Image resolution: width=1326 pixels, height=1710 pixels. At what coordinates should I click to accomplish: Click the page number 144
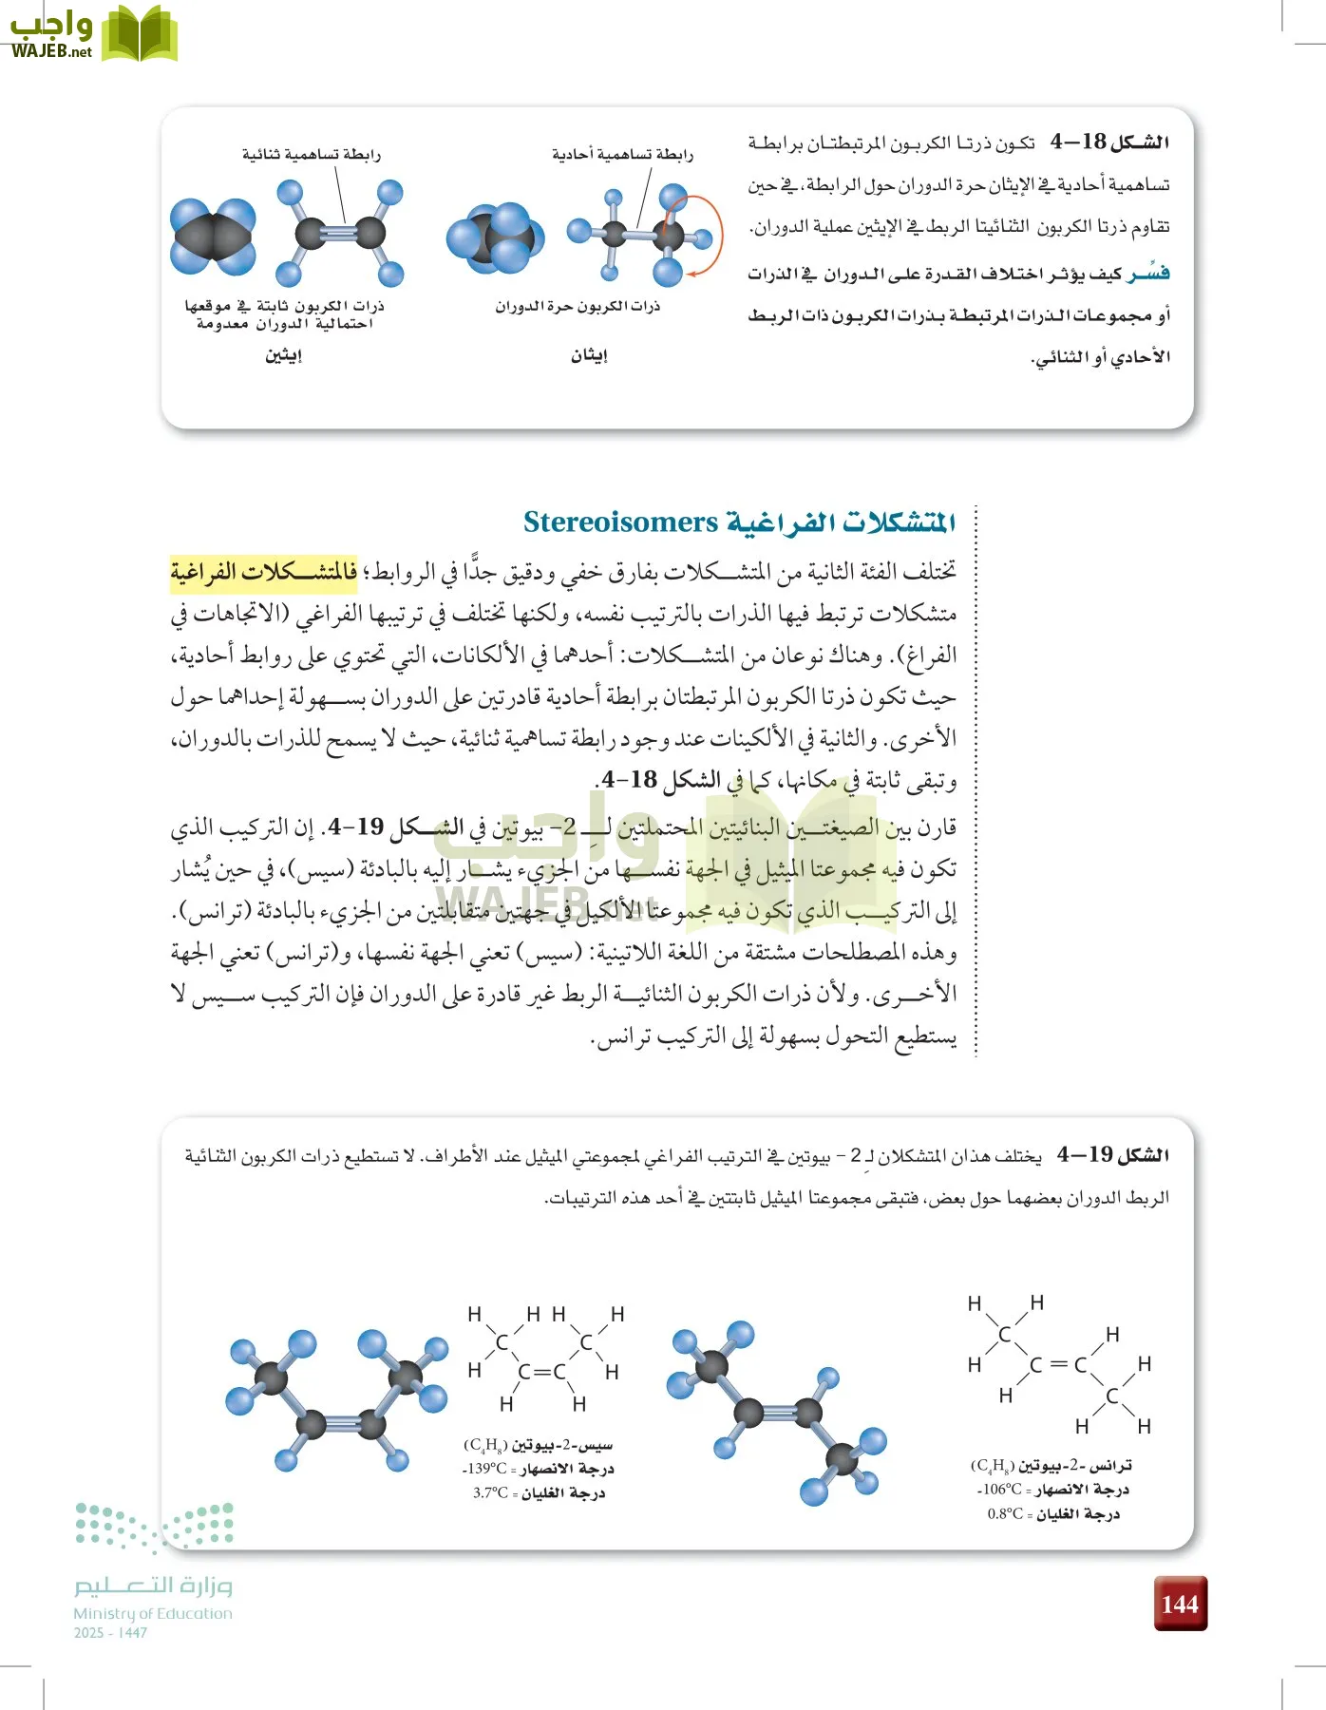(x=1180, y=1604)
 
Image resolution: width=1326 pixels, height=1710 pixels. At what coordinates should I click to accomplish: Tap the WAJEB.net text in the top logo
(x=52, y=51)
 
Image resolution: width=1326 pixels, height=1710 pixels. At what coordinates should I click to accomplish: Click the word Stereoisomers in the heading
(x=620, y=522)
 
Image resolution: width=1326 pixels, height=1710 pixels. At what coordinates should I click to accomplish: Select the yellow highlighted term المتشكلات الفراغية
(x=264, y=572)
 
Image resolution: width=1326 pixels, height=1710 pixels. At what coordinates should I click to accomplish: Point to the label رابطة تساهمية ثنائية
(x=311, y=154)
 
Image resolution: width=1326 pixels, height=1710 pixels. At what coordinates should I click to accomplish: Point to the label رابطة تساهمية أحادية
(x=622, y=154)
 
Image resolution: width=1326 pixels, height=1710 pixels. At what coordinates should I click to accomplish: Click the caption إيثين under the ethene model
(x=283, y=355)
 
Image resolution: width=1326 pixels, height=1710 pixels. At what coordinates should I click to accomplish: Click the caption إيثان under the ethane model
(x=589, y=355)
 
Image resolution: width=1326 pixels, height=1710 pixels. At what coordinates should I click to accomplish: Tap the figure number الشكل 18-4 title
(x=1109, y=142)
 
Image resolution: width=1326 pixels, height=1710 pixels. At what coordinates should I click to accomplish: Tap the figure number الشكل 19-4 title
(x=1112, y=1155)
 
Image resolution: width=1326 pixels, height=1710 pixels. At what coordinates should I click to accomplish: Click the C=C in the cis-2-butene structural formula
(x=541, y=1372)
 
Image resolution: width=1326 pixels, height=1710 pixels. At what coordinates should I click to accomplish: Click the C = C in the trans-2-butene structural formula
(x=1058, y=1365)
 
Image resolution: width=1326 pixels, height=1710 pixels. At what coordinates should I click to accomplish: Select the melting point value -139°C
(x=484, y=1469)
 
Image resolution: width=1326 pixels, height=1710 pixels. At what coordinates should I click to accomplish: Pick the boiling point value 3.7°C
(x=490, y=1492)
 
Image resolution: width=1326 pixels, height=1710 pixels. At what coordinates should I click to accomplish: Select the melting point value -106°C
(x=999, y=1490)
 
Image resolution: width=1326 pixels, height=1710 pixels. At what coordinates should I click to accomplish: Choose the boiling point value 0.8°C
(x=1005, y=1513)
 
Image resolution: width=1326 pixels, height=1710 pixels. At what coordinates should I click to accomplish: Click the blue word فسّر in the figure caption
(x=1148, y=274)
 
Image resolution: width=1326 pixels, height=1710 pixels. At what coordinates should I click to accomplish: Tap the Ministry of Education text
(x=153, y=1613)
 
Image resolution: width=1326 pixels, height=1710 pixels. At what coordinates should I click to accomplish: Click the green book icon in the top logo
(x=140, y=34)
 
